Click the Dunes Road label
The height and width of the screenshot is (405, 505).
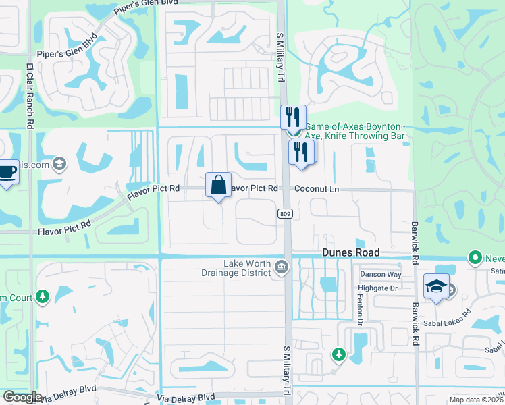[350, 252]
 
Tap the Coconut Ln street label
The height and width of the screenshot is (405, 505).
[317, 190]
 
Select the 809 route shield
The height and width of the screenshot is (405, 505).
[284, 213]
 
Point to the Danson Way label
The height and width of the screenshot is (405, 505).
[381, 274]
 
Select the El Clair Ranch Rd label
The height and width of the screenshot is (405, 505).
[30, 96]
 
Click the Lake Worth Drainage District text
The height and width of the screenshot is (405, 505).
[248, 268]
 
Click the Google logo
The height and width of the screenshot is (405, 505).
[22, 396]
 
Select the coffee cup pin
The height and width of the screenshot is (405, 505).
[7, 171]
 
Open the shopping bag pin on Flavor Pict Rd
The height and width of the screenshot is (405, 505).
[219, 185]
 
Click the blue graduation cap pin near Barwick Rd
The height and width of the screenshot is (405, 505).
[436, 287]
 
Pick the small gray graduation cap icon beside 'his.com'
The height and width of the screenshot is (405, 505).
[59, 163]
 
